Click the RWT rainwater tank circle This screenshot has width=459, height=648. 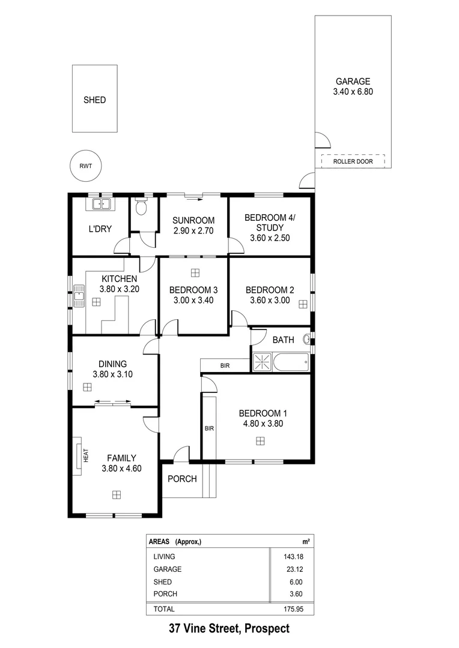[x=85, y=166]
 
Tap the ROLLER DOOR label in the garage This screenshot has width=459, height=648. [x=353, y=161]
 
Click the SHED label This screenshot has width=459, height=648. [x=95, y=100]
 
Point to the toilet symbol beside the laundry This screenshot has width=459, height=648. [x=141, y=208]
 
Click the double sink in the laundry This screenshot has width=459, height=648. [x=101, y=204]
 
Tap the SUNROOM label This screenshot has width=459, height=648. [x=193, y=221]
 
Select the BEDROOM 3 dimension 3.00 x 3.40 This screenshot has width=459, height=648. [x=193, y=300]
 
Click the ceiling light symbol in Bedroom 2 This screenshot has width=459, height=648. [x=303, y=304]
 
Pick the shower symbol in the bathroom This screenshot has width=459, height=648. [x=262, y=362]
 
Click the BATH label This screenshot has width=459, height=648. [x=283, y=340]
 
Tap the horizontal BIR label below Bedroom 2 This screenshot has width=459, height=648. [x=225, y=365]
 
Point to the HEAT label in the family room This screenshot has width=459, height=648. [x=86, y=456]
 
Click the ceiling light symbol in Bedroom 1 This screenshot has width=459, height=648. [x=260, y=441]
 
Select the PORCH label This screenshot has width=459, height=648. [x=182, y=478]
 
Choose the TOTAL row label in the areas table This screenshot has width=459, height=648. [x=164, y=608]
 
